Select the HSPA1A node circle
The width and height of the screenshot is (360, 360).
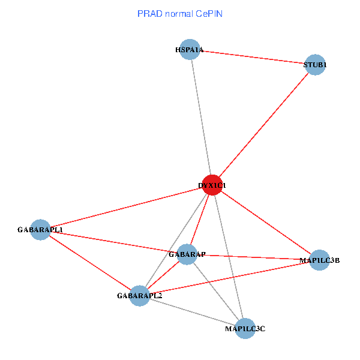tap(190, 50)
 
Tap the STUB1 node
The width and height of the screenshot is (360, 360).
tap(315, 65)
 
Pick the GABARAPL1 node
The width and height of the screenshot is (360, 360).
tap(40, 229)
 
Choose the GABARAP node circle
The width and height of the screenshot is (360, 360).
tap(187, 254)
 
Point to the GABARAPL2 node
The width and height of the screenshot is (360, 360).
tap(139, 295)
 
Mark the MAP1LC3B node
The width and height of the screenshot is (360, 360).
tap(319, 260)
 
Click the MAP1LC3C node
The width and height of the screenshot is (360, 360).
tap(245, 328)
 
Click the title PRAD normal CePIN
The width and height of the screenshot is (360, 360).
tap(180, 13)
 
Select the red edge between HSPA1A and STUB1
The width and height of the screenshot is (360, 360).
tap(253, 58)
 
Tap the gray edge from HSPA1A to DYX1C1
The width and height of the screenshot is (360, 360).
tap(200, 117)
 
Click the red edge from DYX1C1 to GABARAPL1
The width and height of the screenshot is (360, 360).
tap(126, 207)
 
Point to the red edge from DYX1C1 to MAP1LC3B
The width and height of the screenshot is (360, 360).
tap(265, 222)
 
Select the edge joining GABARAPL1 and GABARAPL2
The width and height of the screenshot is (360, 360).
tap(90, 262)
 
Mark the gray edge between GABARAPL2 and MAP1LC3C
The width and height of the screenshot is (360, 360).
tap(192, 312)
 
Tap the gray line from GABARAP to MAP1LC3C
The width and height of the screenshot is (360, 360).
tap(216, 292)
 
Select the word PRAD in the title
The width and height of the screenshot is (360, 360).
tap(149, 13)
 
